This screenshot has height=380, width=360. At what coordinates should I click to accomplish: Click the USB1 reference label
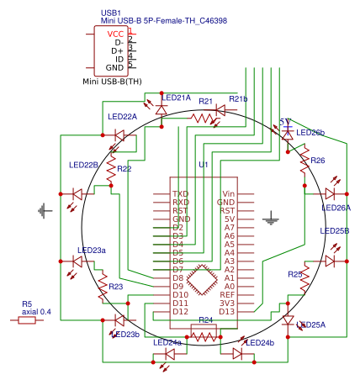pyautogui.click(x=109, y=13)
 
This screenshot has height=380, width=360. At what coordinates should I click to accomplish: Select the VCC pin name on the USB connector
pyautogui.click(x=115, y=34)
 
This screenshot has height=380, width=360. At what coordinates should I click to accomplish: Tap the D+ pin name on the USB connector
pyautogui.click(x=117, y=50)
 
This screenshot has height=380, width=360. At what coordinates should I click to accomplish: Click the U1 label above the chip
pyautogui.click(x=202, y=165)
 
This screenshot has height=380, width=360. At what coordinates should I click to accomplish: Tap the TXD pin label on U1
pyautogui.click(x=181, y=194)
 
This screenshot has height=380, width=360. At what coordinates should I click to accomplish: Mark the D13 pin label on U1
pyautogui.click(x=226, y=311)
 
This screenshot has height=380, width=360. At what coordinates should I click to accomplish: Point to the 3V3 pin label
pyautogui.click(x=226, y=303)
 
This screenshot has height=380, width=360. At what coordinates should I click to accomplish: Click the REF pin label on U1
pyautogui.click(x=226, y=294)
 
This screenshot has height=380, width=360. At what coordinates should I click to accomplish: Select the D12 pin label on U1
pyautogui.click(x=181, y=311)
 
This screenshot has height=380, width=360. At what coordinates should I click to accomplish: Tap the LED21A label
pyautogui.click(x=177, y=98)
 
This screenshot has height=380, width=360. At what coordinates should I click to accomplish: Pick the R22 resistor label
pyautogui.click(x=124, y=169)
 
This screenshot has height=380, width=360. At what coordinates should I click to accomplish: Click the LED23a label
pyautogui.click(x=92, y=250)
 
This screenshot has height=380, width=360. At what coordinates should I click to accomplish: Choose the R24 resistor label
pyautogui.click(x=204, y=320)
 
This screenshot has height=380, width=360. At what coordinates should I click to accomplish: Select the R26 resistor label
pyautogui.click(x=317, y=160)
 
